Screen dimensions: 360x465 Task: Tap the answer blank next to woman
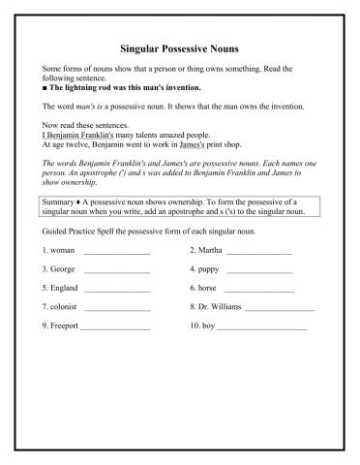(x=117, y=253)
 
